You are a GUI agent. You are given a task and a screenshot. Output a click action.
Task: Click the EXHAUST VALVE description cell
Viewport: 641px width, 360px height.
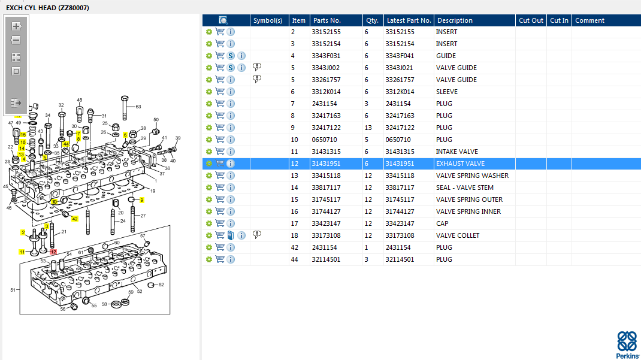460,164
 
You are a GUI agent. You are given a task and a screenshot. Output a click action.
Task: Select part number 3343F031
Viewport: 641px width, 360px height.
326,56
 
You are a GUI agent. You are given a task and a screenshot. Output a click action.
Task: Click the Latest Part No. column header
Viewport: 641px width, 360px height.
409,20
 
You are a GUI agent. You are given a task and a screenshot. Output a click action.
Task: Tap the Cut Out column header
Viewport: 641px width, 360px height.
531,20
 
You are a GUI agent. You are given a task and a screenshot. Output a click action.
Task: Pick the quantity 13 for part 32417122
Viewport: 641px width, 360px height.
368,128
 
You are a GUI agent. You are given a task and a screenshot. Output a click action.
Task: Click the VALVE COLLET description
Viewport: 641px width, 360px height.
458,235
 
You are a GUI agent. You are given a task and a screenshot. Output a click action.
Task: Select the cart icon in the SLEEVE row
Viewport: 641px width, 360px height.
220,92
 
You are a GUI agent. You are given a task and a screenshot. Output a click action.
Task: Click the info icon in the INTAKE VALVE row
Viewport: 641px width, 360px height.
231,152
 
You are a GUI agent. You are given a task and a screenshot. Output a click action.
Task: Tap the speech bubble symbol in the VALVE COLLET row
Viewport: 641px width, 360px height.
257,235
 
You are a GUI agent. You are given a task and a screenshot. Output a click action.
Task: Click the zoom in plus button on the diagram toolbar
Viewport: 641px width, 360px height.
16,26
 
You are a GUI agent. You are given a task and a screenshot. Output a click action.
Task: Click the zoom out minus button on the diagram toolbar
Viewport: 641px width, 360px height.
16,40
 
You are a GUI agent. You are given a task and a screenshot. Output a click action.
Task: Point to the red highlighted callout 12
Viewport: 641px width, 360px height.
53,252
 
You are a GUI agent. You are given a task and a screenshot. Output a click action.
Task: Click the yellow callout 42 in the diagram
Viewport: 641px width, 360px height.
75,219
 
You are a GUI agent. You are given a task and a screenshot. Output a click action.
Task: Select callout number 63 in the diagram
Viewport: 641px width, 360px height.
138,107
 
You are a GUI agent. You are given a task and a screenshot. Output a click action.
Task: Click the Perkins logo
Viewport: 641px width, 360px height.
627,344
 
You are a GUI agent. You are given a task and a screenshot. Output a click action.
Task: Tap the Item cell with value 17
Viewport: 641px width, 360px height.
294,223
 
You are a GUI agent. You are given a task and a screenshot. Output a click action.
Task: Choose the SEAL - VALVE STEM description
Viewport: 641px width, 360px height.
465,187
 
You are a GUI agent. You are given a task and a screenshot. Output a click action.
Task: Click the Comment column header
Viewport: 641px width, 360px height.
589,20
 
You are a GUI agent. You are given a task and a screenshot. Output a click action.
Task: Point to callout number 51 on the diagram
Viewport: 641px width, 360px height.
13,290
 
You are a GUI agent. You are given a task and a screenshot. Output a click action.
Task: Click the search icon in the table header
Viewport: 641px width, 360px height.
223,20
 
